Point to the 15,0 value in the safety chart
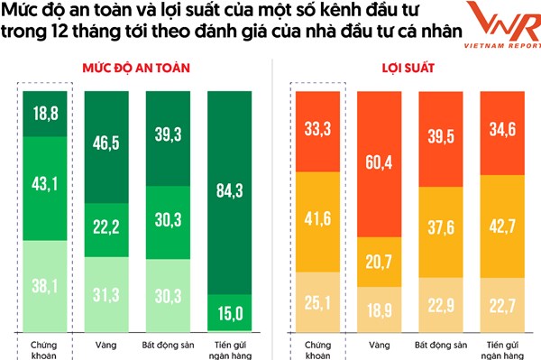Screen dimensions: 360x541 tap(229, 313)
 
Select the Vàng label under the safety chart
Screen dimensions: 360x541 tap(106, 343)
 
